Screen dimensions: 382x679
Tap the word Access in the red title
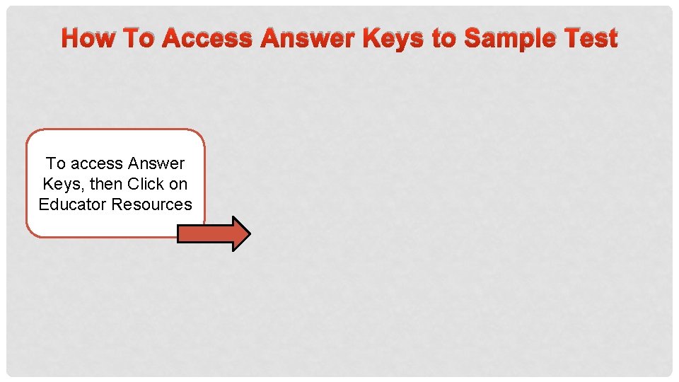207,38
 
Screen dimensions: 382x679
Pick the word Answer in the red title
308,38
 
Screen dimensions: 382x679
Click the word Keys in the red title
393,38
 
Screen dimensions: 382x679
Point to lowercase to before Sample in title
443,38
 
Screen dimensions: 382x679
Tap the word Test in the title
590,38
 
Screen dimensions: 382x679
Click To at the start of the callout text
56,164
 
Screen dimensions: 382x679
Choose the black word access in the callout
96,164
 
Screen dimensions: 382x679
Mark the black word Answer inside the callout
156,164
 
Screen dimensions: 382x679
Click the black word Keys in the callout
62,185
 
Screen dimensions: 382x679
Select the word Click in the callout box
146,184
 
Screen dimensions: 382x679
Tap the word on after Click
178,185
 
